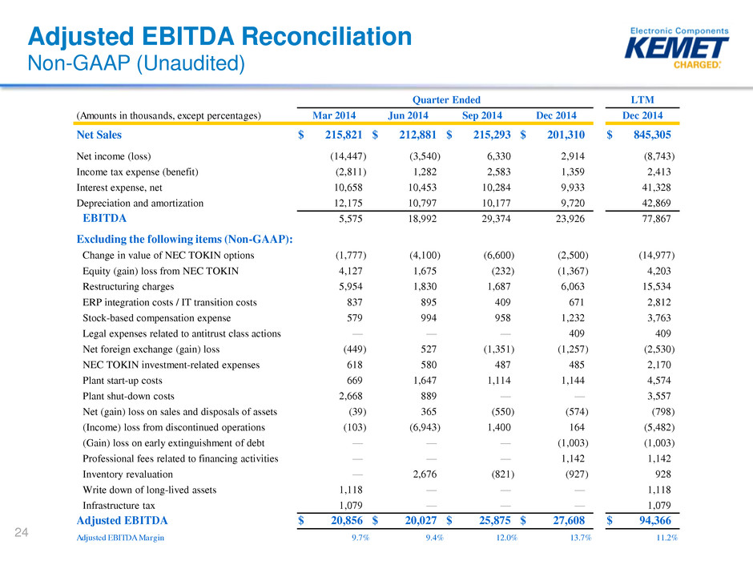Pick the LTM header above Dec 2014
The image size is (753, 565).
(x=642, y=99)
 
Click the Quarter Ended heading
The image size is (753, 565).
(x=445, y=99)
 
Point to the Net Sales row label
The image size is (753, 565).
(x=99, y=135)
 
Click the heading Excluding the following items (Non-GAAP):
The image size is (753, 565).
(x=184, y=239)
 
